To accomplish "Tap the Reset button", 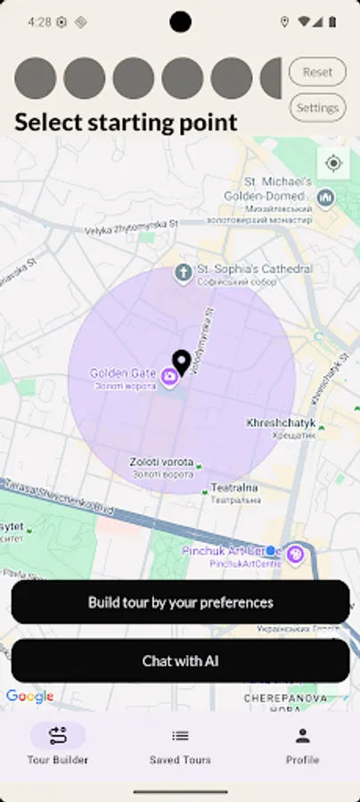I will pyautogui.click(x=317, y=72).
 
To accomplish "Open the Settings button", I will pyautogui.click(x=317, y=108).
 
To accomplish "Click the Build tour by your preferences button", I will pyautogui.click(x=180, y=602).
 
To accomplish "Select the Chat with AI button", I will pyautogui.click(x=180, y=661).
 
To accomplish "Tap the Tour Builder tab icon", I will pyautogui.click(x=58, y=735).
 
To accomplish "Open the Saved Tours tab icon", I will pyautogui.click(x=180, y=735).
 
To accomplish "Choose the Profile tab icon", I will pyautogui.click(x=302, y=735).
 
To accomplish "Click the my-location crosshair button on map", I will pyautogui.click(x=333, y=163).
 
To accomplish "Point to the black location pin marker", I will pyautogui.click(x=182, y=361).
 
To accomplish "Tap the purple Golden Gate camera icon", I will pyautogui.click(x=168, y=378).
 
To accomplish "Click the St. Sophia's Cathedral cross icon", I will pyautogui.click(x=184, y=272).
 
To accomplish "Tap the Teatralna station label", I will pyautogui.click(x=234, y=487).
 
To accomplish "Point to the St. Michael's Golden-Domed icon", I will pyautogui.click(x=326, y=196).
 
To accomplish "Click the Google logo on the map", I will pyautogui.click(x=30, y=697).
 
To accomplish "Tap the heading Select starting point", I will pyautogui.click(x=126, y=122).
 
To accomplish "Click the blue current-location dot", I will pyautogui.click(x=271, y=551).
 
